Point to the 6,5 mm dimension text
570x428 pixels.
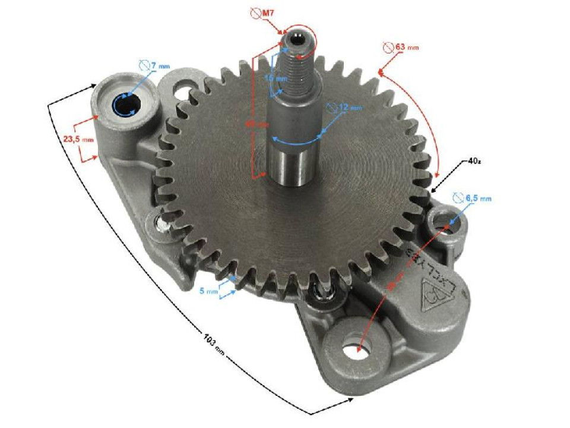coord(479,199)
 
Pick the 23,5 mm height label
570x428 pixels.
coord(78,139)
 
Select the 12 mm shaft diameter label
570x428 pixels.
coord(350,108)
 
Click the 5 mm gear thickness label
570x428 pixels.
coord(208,291)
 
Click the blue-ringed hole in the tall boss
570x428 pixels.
coord(126,108)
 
